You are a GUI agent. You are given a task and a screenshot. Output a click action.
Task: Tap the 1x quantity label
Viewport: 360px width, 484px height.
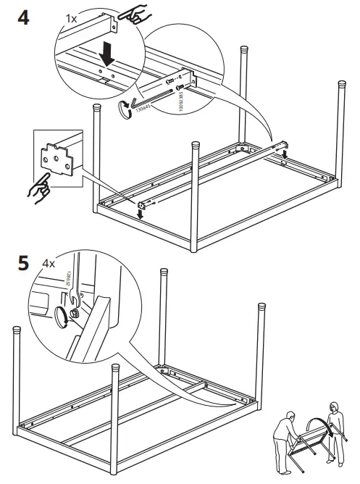click(x=72, y=15)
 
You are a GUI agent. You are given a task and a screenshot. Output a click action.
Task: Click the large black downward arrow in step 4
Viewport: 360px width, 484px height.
click(x=108, y=54)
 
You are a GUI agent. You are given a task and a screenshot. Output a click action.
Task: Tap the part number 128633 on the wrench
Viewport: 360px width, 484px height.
click(x=67, y=280)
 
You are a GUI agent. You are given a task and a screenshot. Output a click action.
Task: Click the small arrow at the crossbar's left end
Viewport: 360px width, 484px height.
click(x=143, y=211)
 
